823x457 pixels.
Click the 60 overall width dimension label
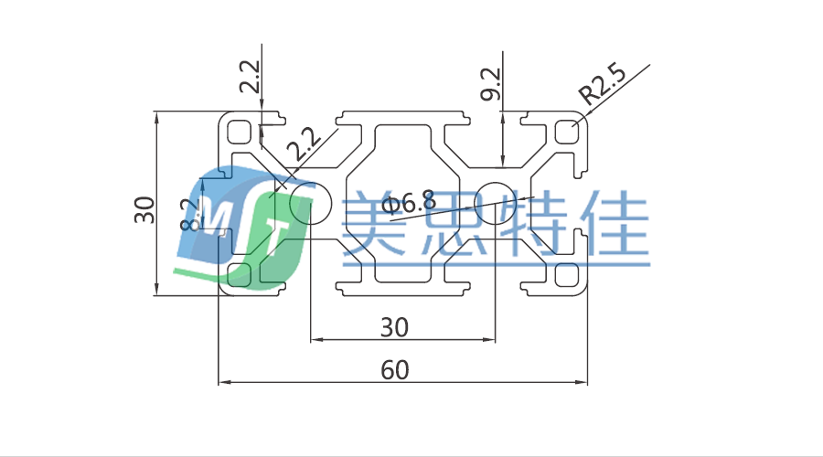pyautogui.click(x=395, y=370)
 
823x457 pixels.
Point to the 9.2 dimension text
pyautogui.click(x=491, y=84)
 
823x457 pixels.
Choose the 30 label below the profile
pyautogui.click(x=394, y=326)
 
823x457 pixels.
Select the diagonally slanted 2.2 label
pyautogui.click(x=303, y=143)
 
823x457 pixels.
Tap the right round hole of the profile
pyautogui.click(x=496, y=202)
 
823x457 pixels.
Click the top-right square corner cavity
pyautogui.click(x=567, y=133)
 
